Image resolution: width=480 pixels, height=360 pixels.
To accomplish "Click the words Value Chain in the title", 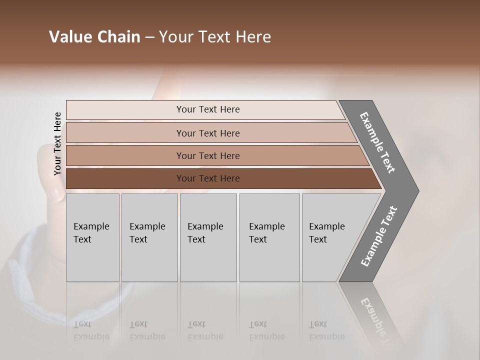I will pyautogui.click(x=94, y=37).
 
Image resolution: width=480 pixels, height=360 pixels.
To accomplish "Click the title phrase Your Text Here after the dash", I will pyautogui.click(x=215, y=37).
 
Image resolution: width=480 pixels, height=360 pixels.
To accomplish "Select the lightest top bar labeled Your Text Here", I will pyautogui.click(x=207, y=109).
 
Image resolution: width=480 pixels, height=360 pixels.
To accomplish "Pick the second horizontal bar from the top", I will pyautogui.click(x=207, y=133).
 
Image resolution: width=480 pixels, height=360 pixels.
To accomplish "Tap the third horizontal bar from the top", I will pyautogui.click(x=207, y=155).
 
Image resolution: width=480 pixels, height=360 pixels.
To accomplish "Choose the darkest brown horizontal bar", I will pyautogui.click(x=207, y=178).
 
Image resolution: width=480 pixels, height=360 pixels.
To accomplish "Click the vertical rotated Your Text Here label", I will pyautogui.click(x=57, y=143).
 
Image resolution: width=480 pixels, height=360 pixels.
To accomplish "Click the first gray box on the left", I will pyautogui.click(x=92, y=237).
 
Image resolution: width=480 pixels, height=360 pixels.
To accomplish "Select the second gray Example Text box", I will pyautogui.click(x=149, y=237).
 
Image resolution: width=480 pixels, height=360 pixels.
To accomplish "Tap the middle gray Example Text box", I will pyautogui.click(x=208, y=237).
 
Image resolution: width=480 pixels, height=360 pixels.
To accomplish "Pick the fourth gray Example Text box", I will pyautogui.click(x=269, y=237).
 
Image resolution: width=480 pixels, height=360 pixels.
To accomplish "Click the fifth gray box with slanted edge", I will pyautogui.click(x=330, y=237).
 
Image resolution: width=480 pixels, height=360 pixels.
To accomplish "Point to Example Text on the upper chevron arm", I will pyautogui.click(x=377, y=142).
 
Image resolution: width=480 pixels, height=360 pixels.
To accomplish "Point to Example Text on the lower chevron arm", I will pyautogui.click(x=379, y=236).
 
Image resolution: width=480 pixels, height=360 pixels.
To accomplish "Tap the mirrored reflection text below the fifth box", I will pyautogui.click(x=326, y=330).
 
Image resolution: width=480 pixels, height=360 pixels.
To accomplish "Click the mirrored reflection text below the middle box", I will pyautogui.click(x=205, y=330).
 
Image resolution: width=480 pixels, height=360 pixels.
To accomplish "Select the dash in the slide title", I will pyautogui.click(x=149, y=37).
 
